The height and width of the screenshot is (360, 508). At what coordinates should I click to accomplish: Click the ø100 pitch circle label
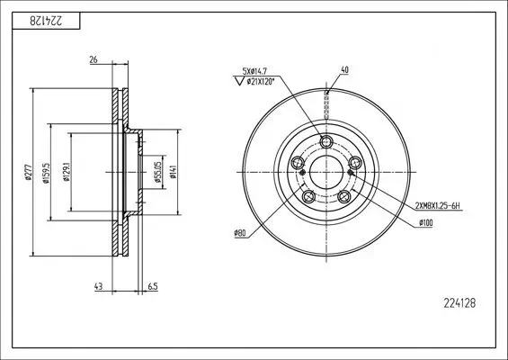pyautogui.click(x=425, y=222)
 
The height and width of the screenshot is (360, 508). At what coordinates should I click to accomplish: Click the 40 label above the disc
pyautogui.click(x=343, y=69)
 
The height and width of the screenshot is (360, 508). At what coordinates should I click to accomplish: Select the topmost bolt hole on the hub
pyautogui.click(x=326, y=141)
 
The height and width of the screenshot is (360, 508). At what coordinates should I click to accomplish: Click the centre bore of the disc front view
pyautogui.click(x=325, y=172)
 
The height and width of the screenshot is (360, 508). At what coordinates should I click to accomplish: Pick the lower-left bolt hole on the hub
pyautogui.click(x=308, y=196)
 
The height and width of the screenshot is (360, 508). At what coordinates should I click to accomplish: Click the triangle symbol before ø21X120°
pyautogui.click(x=239, y=83)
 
